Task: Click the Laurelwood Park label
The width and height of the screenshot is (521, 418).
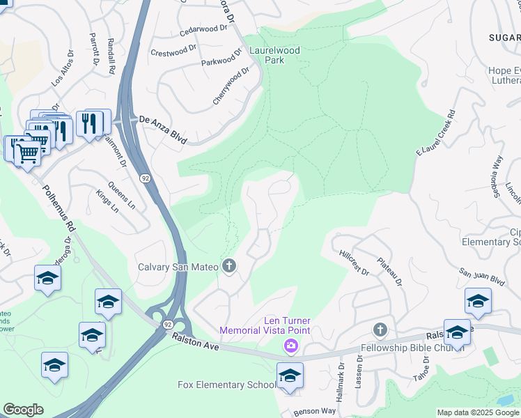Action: (282, 55)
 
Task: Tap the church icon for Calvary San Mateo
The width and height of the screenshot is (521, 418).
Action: (229, 266)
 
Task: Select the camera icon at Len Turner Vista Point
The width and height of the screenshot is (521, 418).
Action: (290, 346)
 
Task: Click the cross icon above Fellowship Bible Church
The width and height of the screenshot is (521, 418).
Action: (380, 330)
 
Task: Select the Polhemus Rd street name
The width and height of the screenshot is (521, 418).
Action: (59, 208)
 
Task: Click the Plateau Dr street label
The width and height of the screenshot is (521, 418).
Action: (390, 271)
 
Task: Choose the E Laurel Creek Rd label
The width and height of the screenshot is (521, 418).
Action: (435, 134)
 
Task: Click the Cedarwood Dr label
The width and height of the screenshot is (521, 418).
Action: (203, 30)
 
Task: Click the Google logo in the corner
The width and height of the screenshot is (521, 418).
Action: (23, 410)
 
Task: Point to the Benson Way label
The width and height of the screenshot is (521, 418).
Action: (314, 412)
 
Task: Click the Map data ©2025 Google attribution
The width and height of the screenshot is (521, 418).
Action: (478, 413)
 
